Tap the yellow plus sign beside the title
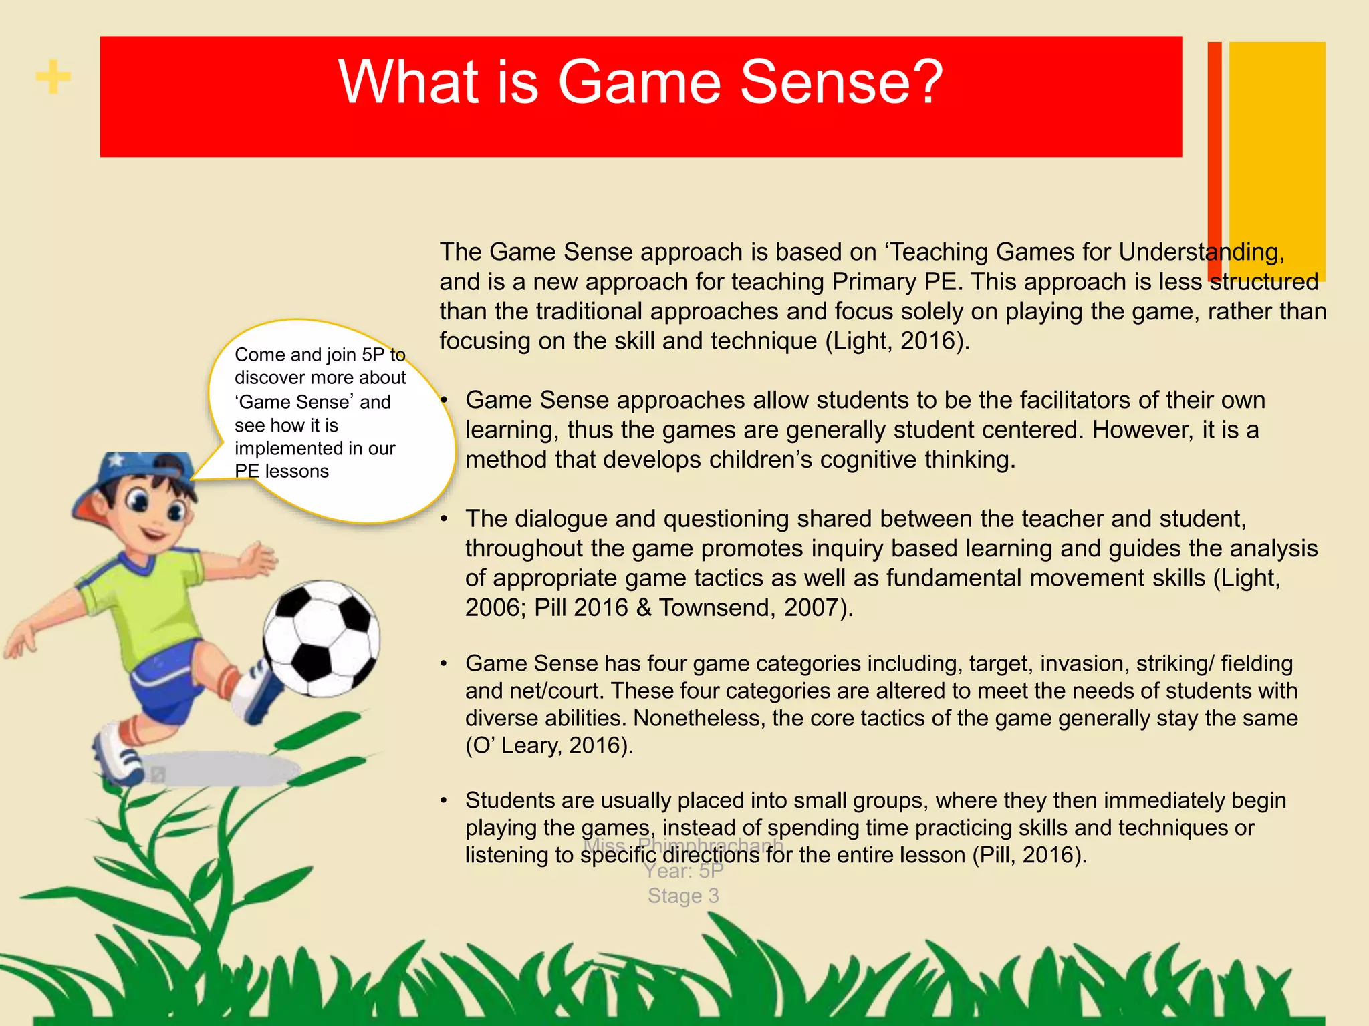click(x=53, y=77)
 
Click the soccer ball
click(x=321, y=639)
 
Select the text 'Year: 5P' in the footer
click(x=683, y=871)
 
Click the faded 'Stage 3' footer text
click(x=683, y=896)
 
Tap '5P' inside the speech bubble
click(x=373, y=355)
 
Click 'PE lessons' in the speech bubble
click(x=281, y=472)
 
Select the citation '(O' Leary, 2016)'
click(x=549, y=745)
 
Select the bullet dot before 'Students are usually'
click(x=444, y=801)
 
